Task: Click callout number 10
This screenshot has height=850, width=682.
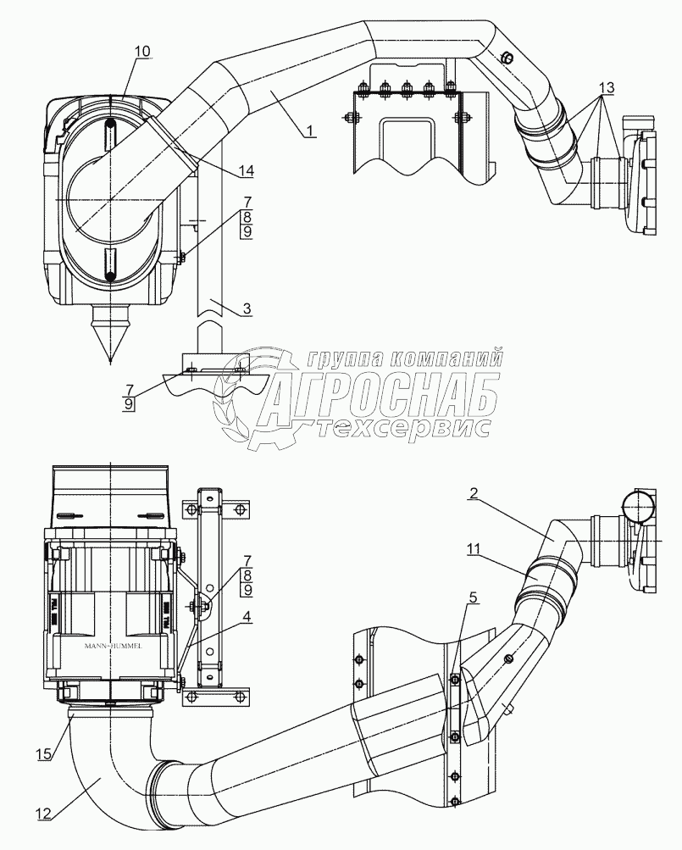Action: pyautogui.click(x=141, y=51)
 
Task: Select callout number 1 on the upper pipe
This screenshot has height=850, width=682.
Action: pyautogui.click(x=311, y=130)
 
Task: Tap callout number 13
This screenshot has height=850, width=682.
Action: pyautogui.click(x=607, y=87)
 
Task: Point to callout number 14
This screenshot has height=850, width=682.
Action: pyautogui.click(x=247, y=171)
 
